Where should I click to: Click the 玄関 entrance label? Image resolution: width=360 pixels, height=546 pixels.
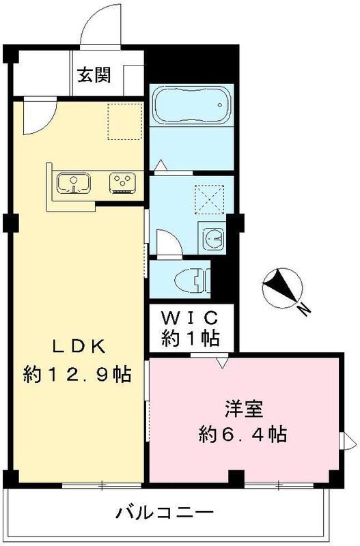tap(94, 74)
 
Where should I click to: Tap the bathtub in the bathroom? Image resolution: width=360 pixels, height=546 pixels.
tap(191, 104)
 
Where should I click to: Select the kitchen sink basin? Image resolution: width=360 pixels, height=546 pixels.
tap(74, 183)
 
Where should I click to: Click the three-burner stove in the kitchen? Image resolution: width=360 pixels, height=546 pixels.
tap(122, 183)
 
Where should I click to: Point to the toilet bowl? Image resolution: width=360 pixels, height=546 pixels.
tap(193, 279)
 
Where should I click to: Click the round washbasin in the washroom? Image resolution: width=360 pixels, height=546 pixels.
tap(214, 239)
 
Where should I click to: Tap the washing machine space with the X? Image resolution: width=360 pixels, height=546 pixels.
tap(209, 199)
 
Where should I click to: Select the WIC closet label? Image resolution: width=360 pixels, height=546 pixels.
tap(191, 317)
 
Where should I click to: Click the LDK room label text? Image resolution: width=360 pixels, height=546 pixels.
tap(79, 347)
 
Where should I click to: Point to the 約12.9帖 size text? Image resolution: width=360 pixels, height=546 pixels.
tap(77, 374)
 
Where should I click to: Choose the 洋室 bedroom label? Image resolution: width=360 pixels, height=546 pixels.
tap(244, 409)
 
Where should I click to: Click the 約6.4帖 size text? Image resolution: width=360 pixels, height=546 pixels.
tap(243, 434)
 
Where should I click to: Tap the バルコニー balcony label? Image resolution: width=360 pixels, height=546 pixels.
tap(165, 513)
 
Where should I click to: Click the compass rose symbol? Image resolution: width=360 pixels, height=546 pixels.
tap(282, 288)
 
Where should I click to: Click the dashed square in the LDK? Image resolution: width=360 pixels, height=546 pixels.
tap(125, 122)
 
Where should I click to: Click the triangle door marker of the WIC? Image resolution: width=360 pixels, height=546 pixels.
tap(221, 362)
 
